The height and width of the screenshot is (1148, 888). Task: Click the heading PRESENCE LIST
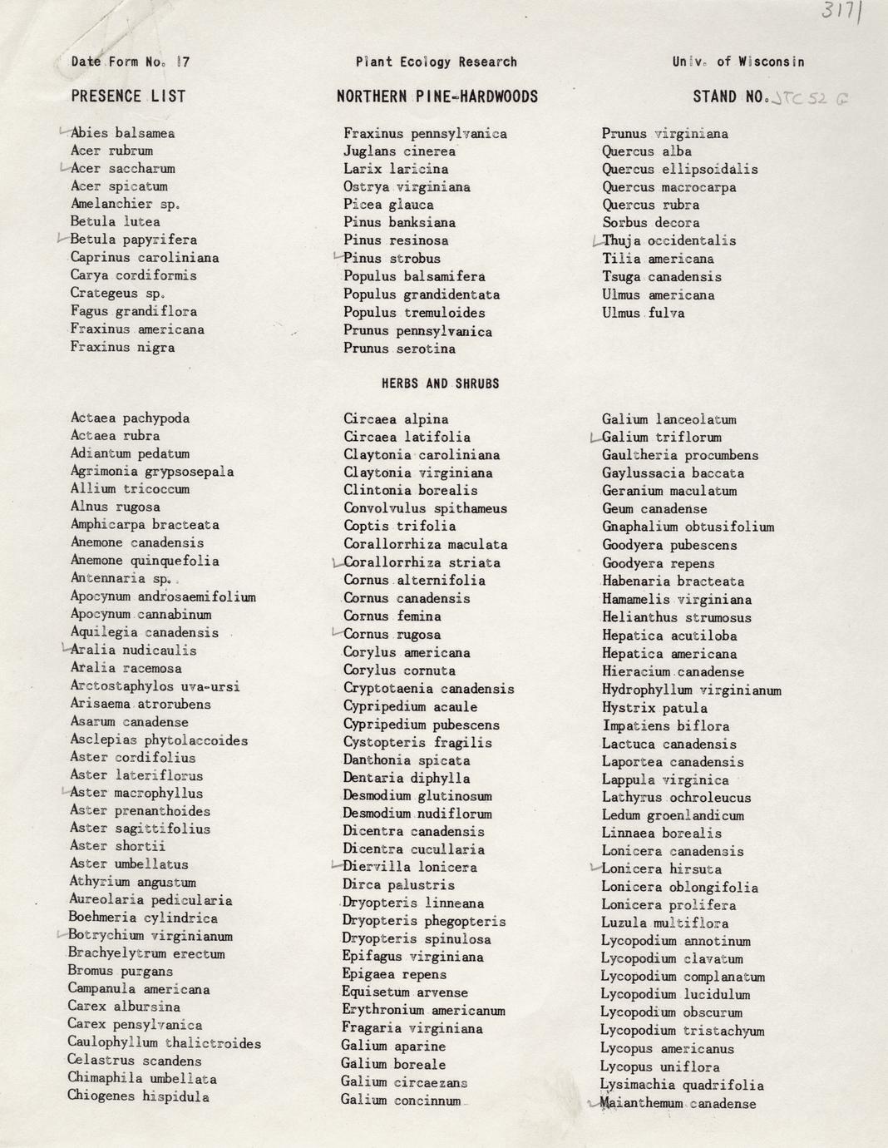[128, 96]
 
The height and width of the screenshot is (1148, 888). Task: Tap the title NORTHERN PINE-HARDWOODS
[437, 96]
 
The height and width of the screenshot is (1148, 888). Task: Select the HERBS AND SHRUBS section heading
[440, 383]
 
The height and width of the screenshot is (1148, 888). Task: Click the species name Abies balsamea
[122, 133]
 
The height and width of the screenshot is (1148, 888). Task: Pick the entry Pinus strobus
[392, 259]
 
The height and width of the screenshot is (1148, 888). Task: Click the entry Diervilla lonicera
[410, 868]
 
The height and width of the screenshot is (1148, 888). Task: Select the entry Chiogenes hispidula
[138, 1096]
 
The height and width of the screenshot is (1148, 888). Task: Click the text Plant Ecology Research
[436, 62]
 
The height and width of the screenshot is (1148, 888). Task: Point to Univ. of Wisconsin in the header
[738, 62]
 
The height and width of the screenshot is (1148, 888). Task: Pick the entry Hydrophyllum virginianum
[691, 690]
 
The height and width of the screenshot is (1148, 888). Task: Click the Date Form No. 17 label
[131, 62]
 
